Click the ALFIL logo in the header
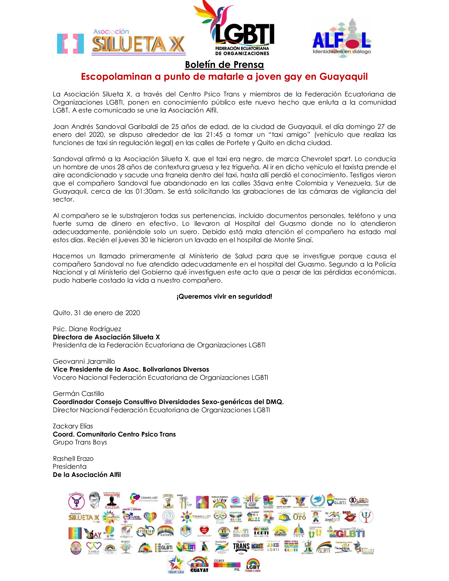click(x=342, y=39)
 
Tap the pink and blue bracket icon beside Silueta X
click(x=71, y=43)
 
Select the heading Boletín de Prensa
click(x=224, y=65)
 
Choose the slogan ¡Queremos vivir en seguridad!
click(x=224, y=297)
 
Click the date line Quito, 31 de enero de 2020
click(x=96, y=313)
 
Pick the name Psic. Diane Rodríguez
click(x=87, y=329)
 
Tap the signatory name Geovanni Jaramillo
click(x=84, y=361)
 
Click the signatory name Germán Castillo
click(x=78, y=394)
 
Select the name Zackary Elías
click(x=73, y=426)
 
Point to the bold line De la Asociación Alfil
click(x=87, y=475)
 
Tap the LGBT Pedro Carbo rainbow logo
click(x=253, y=565)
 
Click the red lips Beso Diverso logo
click(x=349, y=516)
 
